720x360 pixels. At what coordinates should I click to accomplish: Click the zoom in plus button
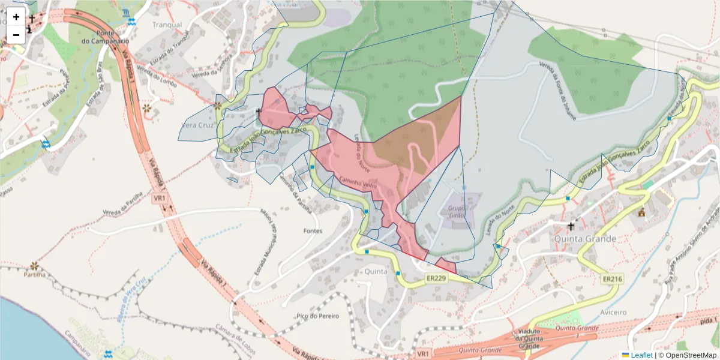tap(16, 17)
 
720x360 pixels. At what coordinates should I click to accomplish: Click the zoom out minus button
tap(16, 35)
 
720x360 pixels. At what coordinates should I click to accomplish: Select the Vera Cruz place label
tap(197, 126)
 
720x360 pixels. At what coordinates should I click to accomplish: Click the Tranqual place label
tap(167, 25)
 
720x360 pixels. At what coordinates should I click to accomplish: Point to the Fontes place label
tap(313, 231)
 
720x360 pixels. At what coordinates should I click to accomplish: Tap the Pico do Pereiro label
tap(317, 316)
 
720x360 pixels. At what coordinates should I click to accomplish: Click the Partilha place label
tap(35, 275)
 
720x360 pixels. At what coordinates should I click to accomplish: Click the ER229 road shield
tap(436, 278)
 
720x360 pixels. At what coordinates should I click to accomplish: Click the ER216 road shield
tap(613, 279)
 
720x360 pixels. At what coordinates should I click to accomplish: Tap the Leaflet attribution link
tap(641, 355)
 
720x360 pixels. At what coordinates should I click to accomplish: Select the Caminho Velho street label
tap(358, 183)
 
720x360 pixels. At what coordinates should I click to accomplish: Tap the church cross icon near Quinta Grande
tap(571, 226)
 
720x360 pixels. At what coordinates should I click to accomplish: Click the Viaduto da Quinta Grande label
tap(528, 338)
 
